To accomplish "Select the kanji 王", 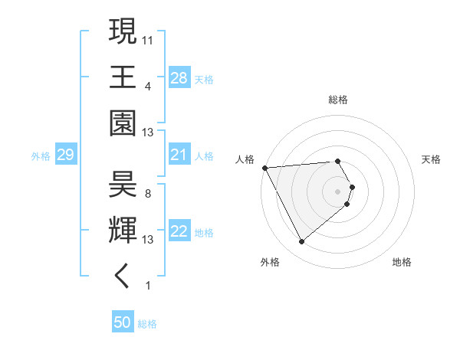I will tap(123, 77).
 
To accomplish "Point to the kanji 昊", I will tap(123, 185).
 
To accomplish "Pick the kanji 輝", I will tap(123, 230).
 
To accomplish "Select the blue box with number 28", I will tap(179, 78).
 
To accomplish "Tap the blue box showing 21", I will tap(179, 155).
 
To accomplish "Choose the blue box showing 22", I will tap(179, 232).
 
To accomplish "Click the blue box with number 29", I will tap(65, 155).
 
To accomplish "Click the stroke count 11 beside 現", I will tap(148, 38).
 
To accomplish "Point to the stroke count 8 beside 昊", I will tap(147, 193).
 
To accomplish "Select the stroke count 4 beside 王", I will tap(147, 86).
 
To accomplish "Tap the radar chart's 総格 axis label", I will tap(338, 100).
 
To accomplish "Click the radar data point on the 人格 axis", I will tap(264, 167).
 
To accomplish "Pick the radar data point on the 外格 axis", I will tap(301, 242).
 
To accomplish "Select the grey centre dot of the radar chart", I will tap(338, 191).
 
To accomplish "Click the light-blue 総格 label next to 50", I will tap(147, 324).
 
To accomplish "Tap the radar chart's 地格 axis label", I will tap(402, 262).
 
